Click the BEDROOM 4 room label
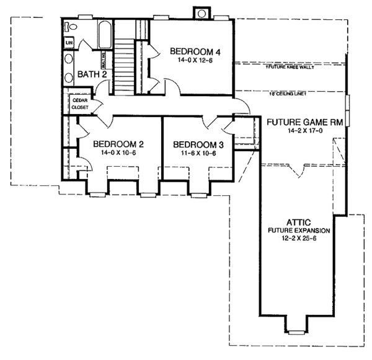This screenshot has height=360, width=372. pyautogui.click(x=190, y=51)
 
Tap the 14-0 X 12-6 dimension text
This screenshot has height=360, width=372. pyautogui.click(x=190, y=61)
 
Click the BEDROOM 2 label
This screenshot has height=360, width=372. pyautogui.click(x=118, y=144)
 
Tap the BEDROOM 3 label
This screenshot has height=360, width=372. pyautogui.click(x=195, y=144)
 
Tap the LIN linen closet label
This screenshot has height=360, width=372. pyautogui.click(x=69, y=43)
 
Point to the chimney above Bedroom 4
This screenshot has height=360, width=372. pyautogui.click(x=202, y=13)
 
